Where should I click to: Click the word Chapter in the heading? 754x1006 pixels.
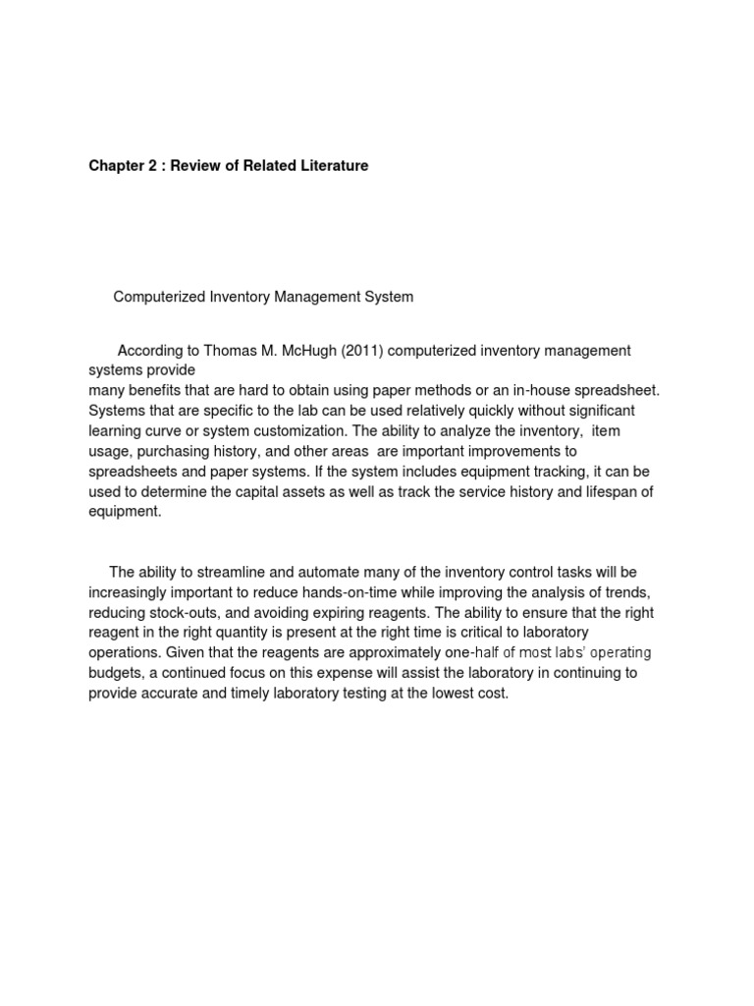[x=116, y=166]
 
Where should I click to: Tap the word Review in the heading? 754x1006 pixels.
[x=202, y=166]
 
